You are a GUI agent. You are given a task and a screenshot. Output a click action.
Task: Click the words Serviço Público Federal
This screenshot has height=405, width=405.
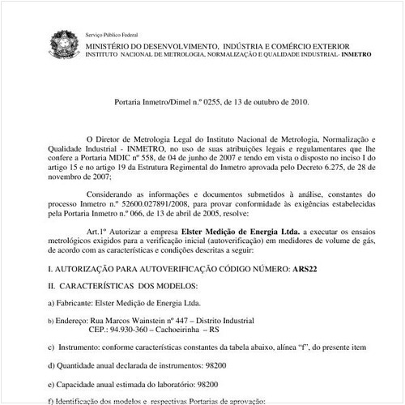click(x=112, y=36)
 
